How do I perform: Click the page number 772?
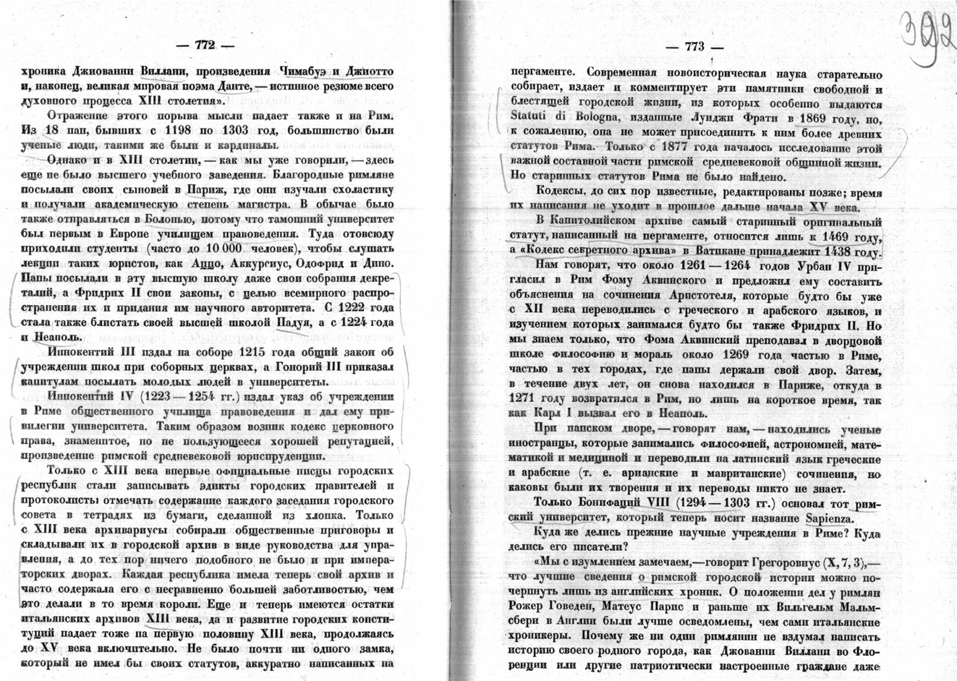coord(205,45)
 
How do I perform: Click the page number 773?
coord(694,47)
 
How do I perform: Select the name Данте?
coord(228,86)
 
